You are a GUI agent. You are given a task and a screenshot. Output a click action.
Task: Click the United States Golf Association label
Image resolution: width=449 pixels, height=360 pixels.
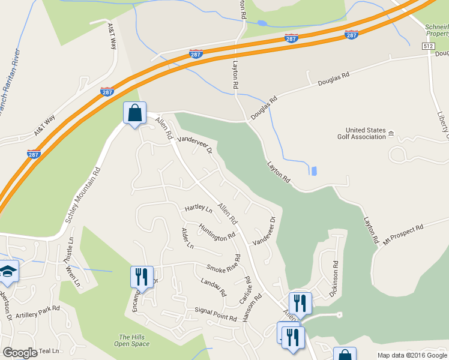click(366, 133)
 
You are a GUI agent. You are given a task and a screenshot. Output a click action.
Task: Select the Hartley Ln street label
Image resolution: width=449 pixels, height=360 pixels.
click(199, 208)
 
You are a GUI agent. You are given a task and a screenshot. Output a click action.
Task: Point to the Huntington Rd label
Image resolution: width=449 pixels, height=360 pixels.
click(217, 233)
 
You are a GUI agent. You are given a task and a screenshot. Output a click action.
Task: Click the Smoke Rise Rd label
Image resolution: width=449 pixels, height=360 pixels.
click(223, 265)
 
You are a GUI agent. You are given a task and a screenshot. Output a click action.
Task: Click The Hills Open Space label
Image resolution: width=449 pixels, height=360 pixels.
click(131, 340)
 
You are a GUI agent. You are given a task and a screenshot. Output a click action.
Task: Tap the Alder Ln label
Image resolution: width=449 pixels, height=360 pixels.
click(187, 238)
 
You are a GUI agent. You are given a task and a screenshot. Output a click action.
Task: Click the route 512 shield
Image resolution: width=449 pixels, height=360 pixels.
click(428, 46)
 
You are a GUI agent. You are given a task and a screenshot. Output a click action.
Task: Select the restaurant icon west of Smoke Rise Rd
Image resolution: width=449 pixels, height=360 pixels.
click(142, 277)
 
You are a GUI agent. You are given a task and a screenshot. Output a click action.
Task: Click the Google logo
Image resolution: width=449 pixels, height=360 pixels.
click(20, 353)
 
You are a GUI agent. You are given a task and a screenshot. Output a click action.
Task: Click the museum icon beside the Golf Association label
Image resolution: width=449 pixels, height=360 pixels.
click(391, 133)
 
